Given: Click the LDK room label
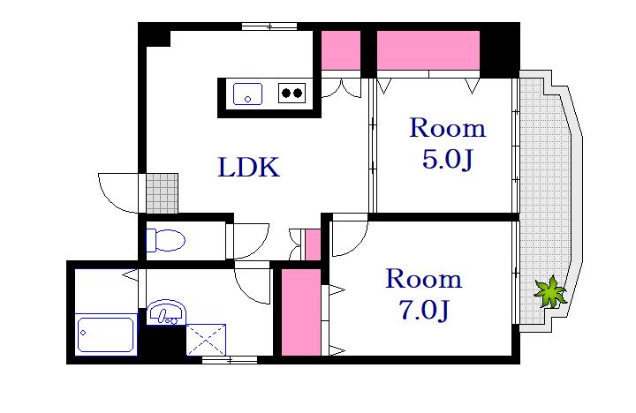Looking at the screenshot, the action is point(248,167).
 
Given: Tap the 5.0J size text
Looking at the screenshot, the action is point(447,159).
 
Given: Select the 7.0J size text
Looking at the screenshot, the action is point(424,310).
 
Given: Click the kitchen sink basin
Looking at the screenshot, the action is point(247,94).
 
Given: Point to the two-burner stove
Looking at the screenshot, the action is point(292,93).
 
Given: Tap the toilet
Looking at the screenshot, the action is point(165,240).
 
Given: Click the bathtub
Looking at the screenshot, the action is point(106,334).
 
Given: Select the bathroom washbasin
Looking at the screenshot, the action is point(166,312).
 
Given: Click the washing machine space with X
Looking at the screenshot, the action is point(206,340).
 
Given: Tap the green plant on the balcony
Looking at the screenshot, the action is point(549,292).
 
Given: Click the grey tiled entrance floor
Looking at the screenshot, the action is point(162,193).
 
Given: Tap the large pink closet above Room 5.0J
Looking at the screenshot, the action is point(428,50).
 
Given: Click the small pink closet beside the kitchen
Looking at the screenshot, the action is point(341,50).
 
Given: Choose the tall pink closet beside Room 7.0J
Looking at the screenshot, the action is point(301,312).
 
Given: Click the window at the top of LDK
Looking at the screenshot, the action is point(269,26).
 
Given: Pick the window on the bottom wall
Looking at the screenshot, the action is point(230,359).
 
